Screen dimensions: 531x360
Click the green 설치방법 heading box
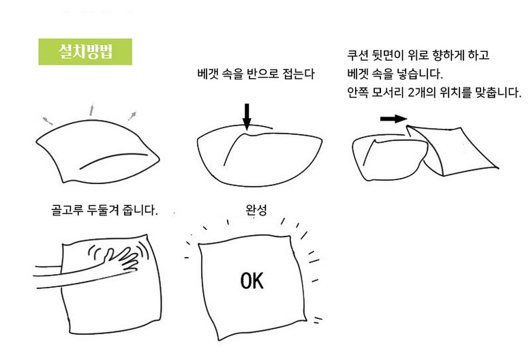(85, 51)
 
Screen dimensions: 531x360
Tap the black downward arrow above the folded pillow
(247, 117)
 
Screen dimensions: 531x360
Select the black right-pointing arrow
(393, 119)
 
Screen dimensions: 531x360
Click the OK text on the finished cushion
(252, 281)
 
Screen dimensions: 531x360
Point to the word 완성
(256, 209)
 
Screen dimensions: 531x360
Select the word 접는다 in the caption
(299, 74)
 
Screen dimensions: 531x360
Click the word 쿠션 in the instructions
(358, 55)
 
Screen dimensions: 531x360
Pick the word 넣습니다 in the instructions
(419, 74)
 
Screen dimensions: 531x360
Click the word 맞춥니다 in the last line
(498, 92)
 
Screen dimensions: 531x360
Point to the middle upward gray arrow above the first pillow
(91, 110)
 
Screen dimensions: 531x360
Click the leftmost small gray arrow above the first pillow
(48, 121)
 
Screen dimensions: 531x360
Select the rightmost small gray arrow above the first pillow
(132, 116)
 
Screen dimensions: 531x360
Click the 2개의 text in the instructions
(422, 92)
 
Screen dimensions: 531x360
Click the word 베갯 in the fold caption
(208, 74)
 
